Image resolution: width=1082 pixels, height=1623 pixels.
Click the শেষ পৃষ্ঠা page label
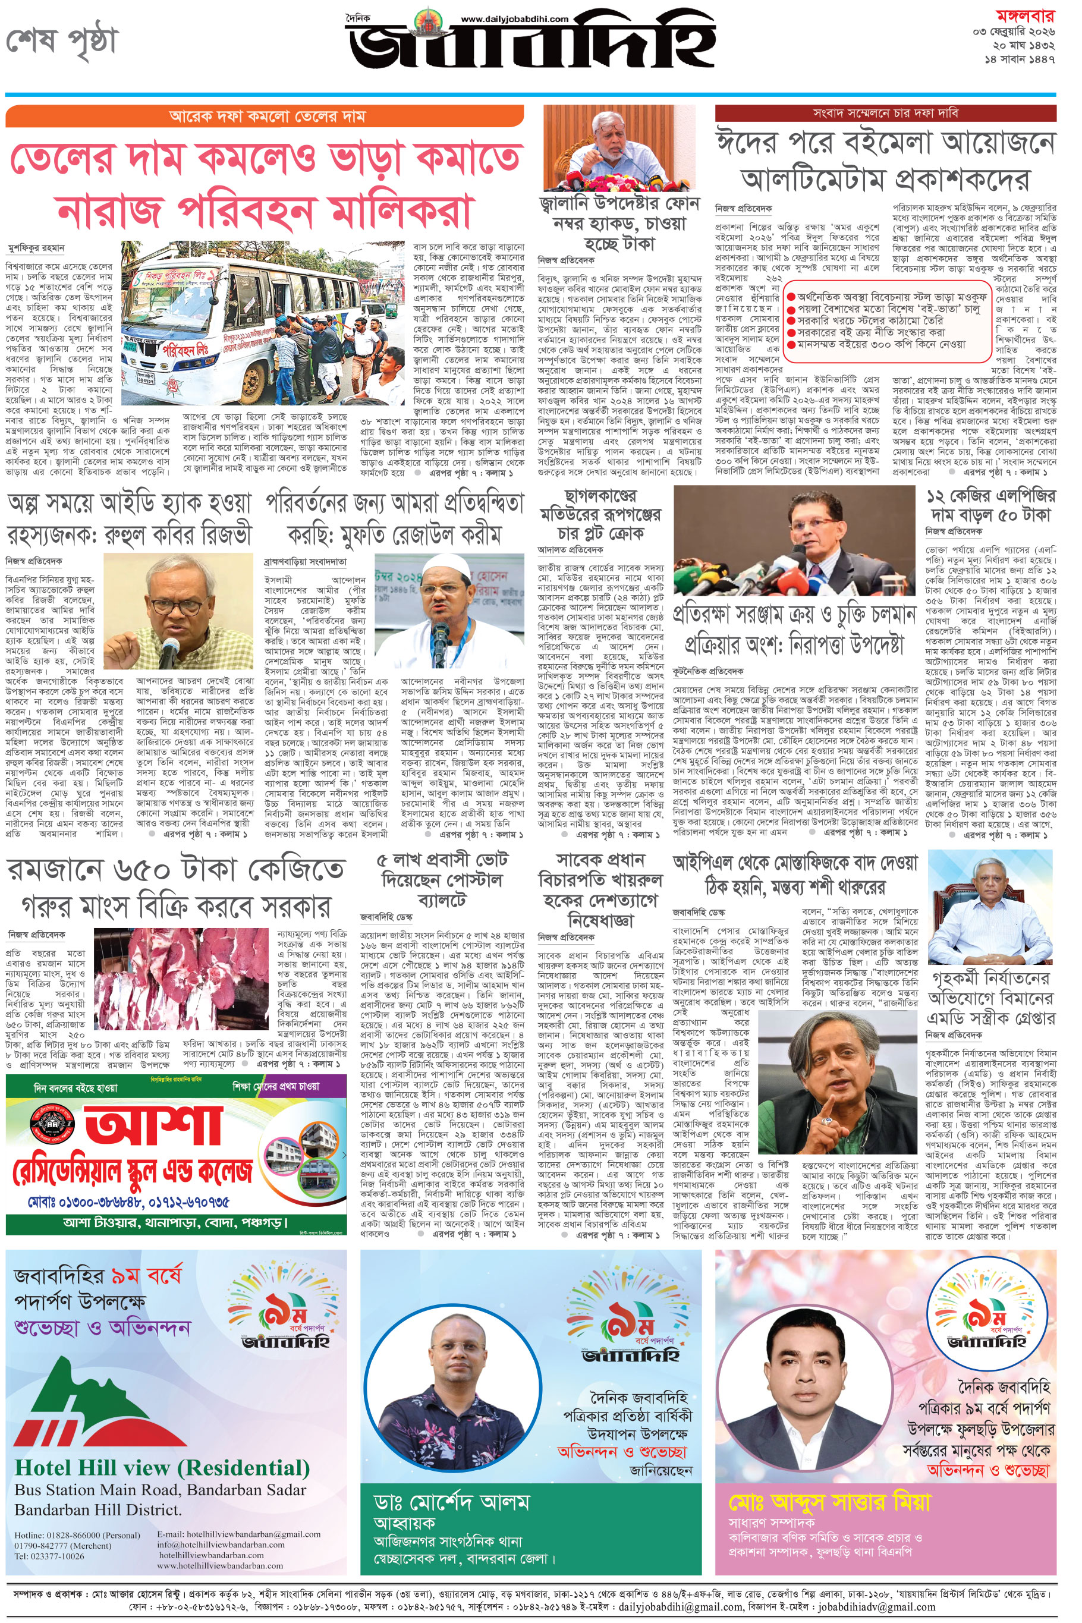tap(62, 42)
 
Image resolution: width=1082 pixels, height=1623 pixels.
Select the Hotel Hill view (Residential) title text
tap(162, 1468)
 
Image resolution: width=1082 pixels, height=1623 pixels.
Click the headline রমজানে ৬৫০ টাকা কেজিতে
tap(175, 869)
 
